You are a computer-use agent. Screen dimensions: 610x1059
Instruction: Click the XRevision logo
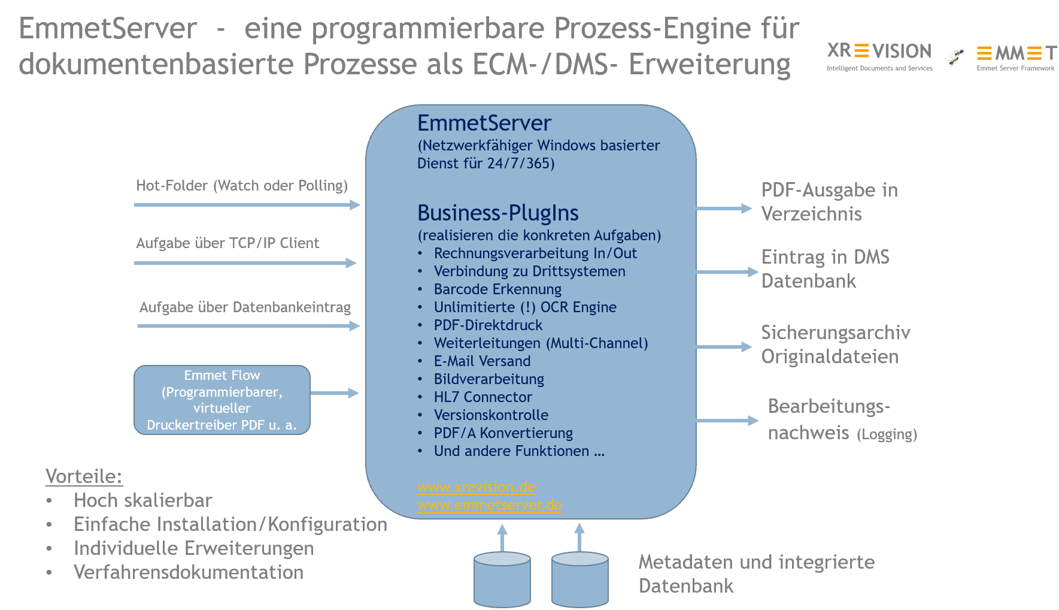879,56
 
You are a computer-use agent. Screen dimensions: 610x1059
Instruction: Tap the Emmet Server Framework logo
1016,56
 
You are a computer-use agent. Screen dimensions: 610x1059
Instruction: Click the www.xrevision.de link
476,487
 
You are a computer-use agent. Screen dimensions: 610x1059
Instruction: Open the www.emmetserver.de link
489,505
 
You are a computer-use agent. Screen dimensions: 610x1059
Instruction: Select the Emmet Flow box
221,400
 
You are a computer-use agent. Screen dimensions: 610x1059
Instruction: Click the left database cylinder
502,579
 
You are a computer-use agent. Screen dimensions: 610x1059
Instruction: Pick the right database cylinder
579,579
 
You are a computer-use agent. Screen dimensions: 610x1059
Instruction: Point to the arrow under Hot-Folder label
246,205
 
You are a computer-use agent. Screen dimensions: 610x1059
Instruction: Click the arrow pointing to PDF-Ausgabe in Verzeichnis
723,209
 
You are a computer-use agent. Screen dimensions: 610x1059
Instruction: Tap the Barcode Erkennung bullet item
497,289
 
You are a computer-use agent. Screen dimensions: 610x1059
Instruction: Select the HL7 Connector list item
483,397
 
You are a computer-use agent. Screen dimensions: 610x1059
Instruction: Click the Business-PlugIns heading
497,213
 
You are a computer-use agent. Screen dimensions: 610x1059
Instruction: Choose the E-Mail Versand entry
482,361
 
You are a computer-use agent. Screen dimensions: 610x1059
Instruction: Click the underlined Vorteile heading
84,476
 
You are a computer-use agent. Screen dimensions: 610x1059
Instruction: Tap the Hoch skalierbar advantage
142,500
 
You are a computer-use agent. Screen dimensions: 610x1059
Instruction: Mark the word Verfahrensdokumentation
188,572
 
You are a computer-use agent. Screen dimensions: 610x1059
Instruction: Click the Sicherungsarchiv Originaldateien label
835,345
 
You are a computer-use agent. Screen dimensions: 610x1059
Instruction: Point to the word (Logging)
887,434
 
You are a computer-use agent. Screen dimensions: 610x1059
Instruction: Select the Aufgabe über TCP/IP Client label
227,243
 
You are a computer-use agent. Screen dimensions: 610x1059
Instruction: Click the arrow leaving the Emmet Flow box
334,393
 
